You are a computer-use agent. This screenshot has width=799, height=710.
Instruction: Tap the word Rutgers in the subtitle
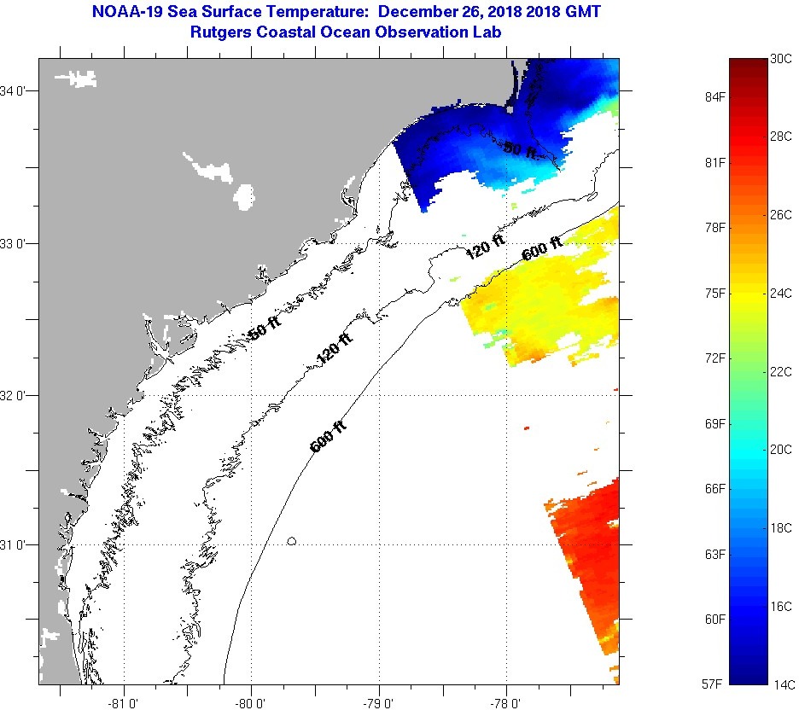coord(223,32)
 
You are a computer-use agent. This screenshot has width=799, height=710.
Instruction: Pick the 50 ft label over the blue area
coord(519,149)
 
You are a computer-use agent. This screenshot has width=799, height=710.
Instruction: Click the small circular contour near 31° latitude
coord(292,541)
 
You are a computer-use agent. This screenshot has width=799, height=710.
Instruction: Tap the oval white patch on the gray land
coord(244,196)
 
